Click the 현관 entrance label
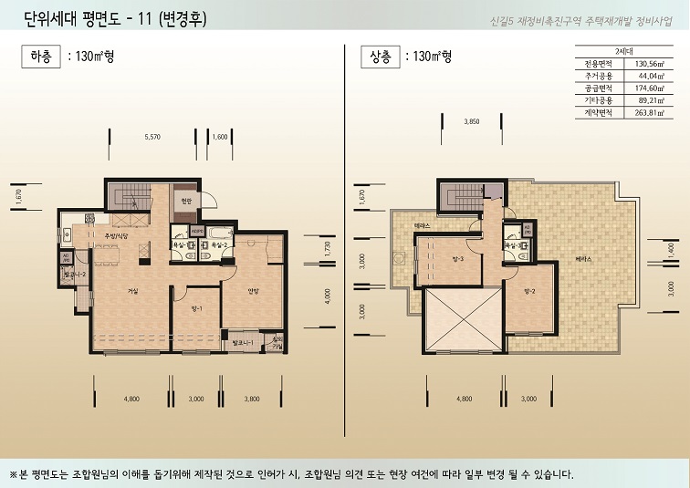tap(186, 201)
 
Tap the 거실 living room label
tap(133, 291)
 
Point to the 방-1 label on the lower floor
tap(195, 309)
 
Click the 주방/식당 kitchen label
tap(129, 236)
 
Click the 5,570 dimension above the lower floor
tap(152, 137)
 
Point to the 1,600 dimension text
tap(219, 137)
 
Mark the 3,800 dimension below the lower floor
tap(252, 399)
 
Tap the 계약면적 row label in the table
tap(597, 112)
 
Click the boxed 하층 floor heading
tap(41, 57)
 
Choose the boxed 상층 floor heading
tap(381, 57)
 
